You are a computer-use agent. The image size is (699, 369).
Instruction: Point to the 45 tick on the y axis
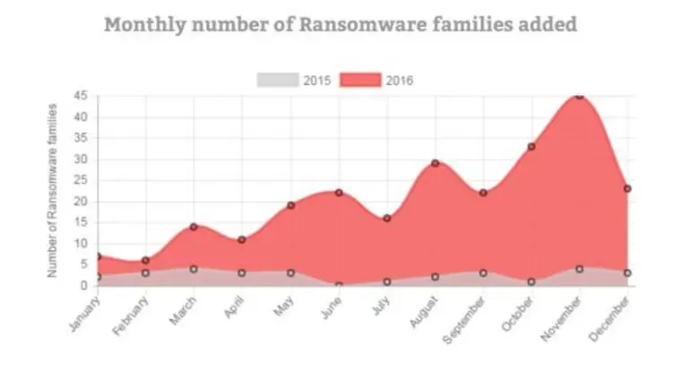click(81, 96)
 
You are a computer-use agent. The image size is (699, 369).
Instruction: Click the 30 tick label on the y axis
click(81, 159)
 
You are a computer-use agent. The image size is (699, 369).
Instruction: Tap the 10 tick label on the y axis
click(81, 244)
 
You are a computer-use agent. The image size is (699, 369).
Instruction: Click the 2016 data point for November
click(580, 96)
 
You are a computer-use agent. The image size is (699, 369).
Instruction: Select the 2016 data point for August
click(435, 163)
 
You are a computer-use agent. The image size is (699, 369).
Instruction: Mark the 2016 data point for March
click(194, 227)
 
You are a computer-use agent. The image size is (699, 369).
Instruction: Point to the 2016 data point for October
click(531, 146)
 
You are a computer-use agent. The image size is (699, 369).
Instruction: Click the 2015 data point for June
click(339, 286)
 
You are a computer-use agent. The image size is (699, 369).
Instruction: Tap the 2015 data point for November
click(580, 269)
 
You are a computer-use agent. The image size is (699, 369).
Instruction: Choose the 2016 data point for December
click(627, 189)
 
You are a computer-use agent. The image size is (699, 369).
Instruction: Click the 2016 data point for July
click(387, 219)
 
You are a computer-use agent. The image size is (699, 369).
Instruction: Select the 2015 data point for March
click(194, 269)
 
